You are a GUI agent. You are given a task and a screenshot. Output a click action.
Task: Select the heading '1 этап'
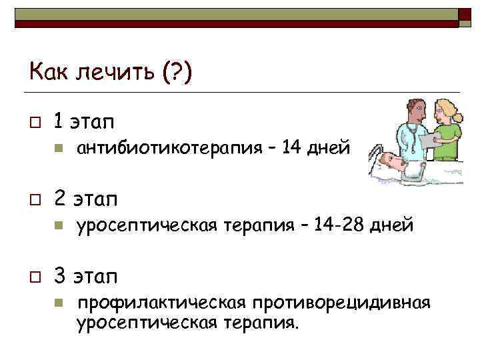coord(83,121)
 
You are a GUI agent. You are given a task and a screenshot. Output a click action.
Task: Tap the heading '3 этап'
coord(84,276)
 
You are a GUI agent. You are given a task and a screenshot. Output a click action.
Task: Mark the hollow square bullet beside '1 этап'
coord(33,122)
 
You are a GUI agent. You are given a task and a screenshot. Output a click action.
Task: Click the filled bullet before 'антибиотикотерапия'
coord(58,148)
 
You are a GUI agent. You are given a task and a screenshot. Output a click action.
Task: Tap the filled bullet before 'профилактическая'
coord(58,303)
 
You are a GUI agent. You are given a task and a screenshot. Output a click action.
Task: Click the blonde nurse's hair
coord(445,107)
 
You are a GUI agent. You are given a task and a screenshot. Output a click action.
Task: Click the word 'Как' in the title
coord(45,70)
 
